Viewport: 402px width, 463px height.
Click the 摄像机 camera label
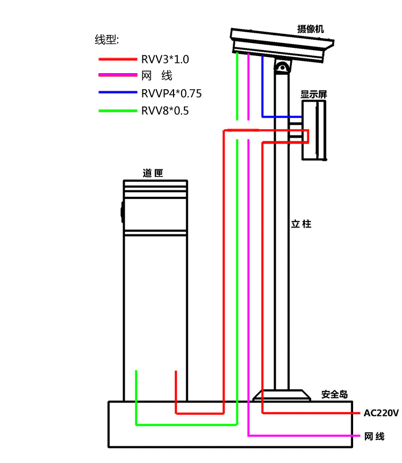(x=311, y=29)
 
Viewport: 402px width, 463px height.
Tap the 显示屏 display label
(x=314, y=94)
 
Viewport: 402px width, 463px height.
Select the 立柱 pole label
(x=301, y=224)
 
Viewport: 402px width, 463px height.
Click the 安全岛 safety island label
(x=334, y=394)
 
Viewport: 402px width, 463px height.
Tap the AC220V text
(x=381, y=413)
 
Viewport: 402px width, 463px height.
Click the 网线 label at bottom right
(x=374, y=436)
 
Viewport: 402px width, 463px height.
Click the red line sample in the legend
(x=118, y=59)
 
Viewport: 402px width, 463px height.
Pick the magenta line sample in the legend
(x=118, y=76)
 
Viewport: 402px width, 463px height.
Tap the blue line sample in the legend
(x=118, y=93)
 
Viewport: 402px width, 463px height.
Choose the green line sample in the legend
(x=118, y=111)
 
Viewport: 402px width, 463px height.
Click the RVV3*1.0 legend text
(x=166, y=59)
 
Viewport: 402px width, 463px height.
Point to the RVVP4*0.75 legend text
(x=171, y=94)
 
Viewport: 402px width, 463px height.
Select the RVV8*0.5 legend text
(x=166, y=111)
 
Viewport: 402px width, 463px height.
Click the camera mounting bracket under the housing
(x=282, y=67)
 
